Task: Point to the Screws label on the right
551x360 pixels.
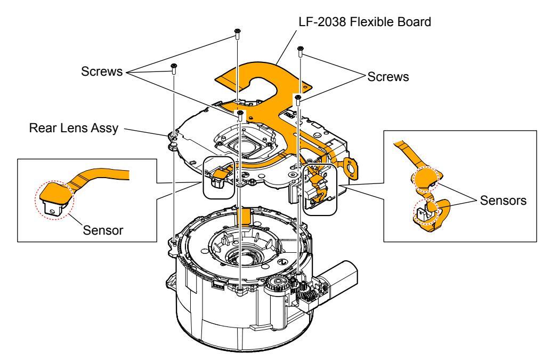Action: [388, 76]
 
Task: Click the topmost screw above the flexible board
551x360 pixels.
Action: [236, 36]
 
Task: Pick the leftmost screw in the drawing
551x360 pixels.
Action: [174, 67]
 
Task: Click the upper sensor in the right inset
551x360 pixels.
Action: [421, 177]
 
